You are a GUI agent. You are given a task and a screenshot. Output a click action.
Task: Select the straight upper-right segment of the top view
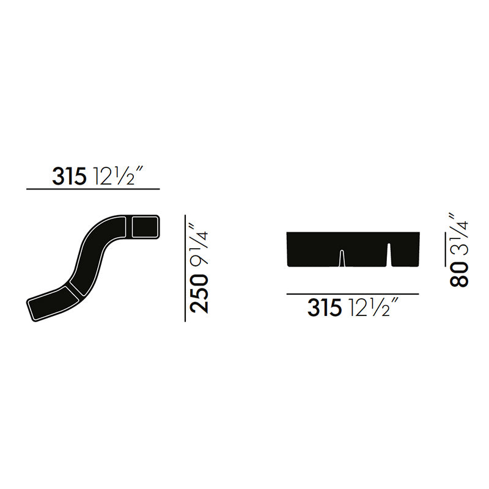[x=145, y=227]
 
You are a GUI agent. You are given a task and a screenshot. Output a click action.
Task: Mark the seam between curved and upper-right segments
[x=128, y=227]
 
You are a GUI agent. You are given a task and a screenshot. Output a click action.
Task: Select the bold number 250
[x=199, y=293]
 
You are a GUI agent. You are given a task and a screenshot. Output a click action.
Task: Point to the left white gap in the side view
[x=341, y=260]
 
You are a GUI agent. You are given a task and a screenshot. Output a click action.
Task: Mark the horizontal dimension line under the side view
[x=353, y=294]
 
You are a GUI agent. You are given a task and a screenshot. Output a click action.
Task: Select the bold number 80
[x=459, y=274]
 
